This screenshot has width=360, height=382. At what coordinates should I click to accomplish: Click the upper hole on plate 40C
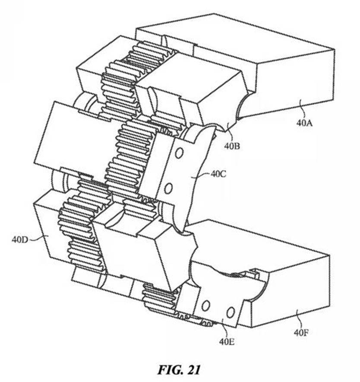179,153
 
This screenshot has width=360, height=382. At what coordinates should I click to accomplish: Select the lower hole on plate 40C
169,188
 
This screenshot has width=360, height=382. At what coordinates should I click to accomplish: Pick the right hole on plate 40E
230,311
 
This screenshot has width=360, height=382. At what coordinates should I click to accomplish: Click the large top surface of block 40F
259,246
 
